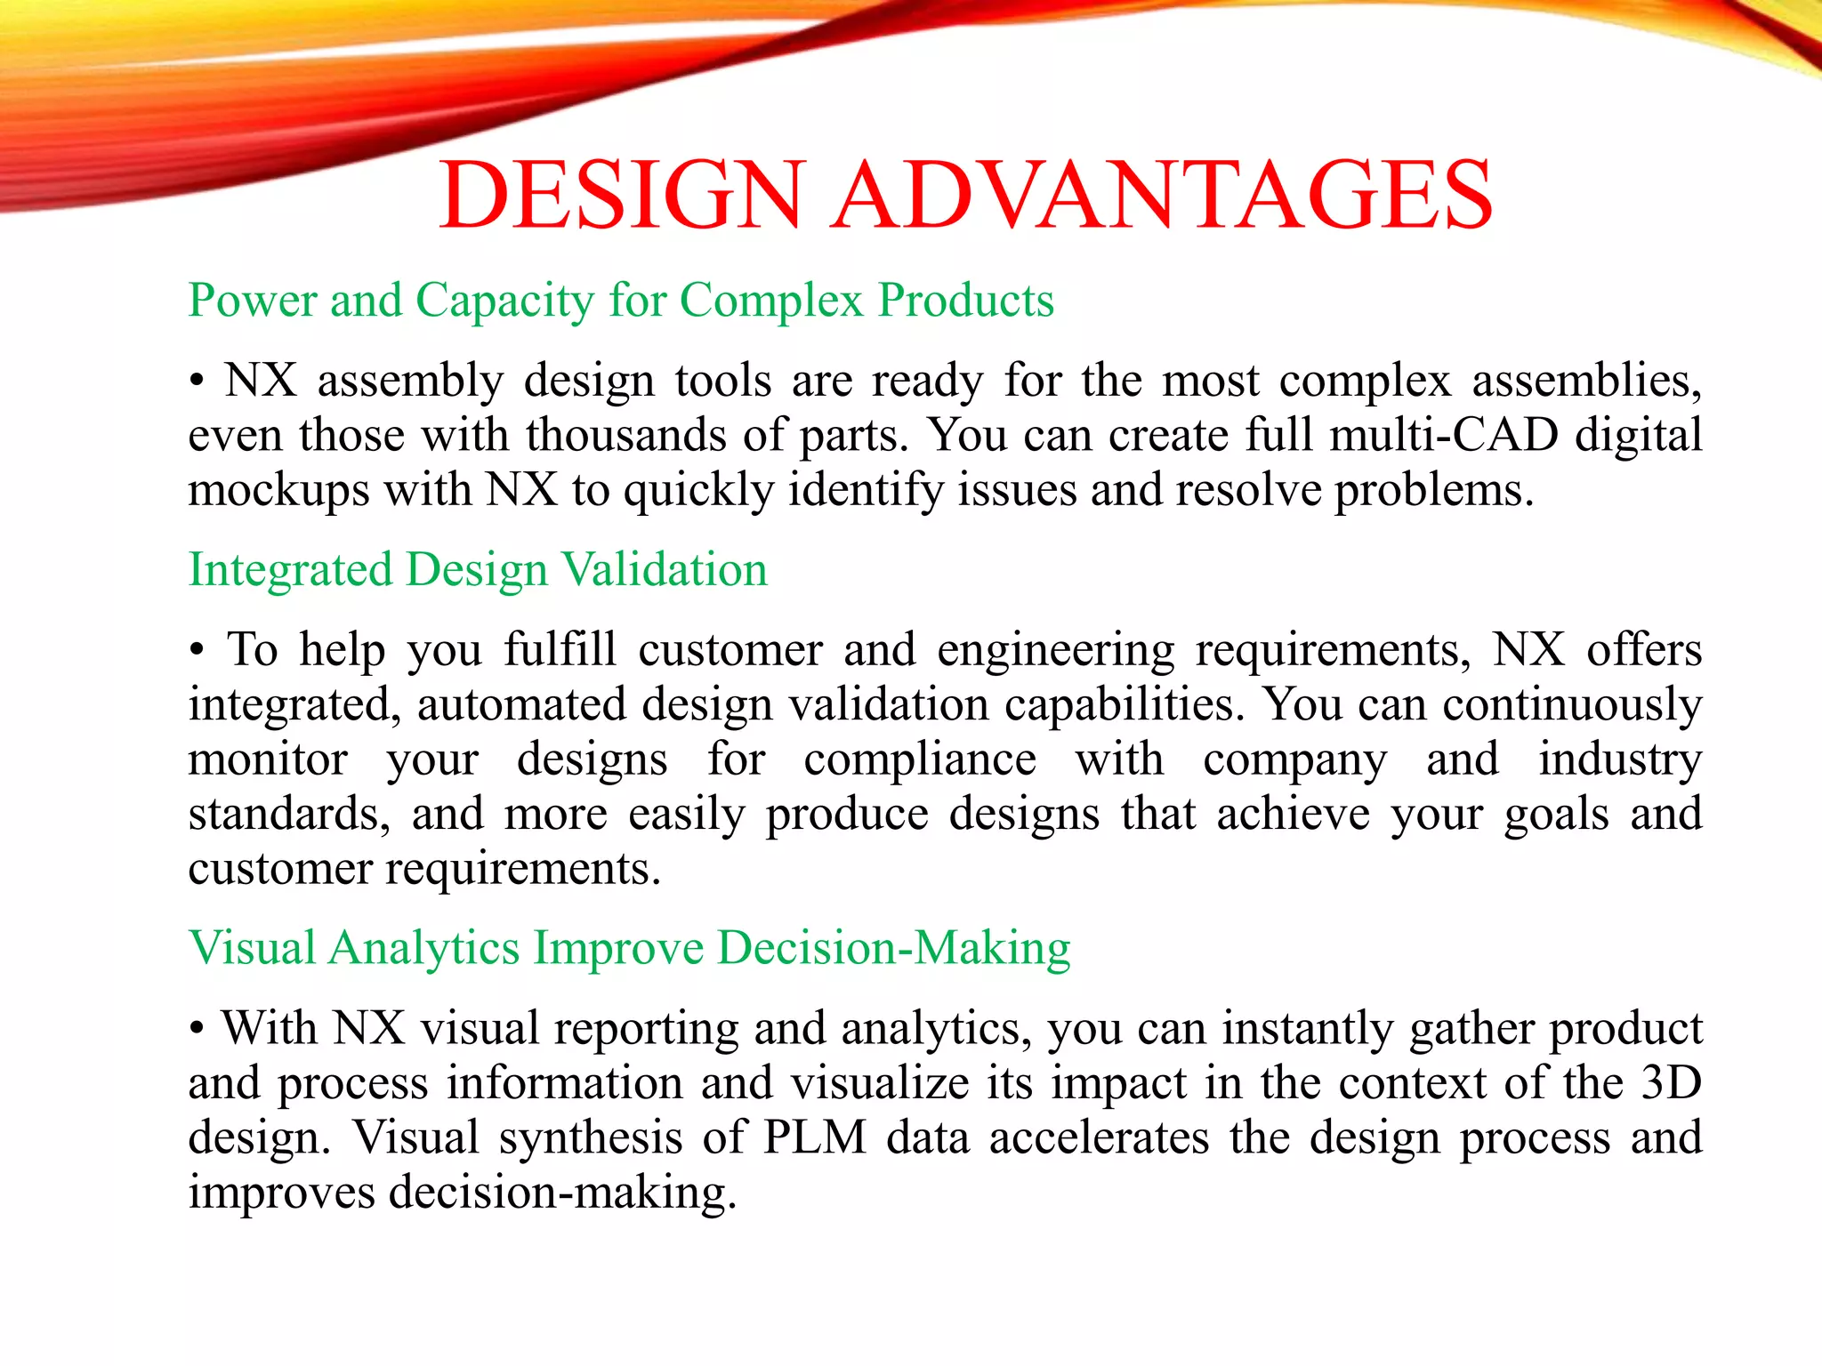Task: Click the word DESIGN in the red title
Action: click(x=622, y=195)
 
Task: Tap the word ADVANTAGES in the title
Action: click(x=1162, y=195)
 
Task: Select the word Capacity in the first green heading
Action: click(x=504, y=301)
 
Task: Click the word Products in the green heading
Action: click(x=966, y=301)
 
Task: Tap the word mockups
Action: click(x=278, y=491)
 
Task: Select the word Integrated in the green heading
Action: click(x=290, y=570)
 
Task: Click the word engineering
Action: click(x=1055, y=651)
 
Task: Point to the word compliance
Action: click(x=920, y=760)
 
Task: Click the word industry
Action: click(x=1620, y=760)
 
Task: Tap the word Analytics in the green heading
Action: click(x=423, y=948)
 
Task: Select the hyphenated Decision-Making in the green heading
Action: click(x=893, y=948)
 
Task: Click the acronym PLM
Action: click(x=814, y=1138)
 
